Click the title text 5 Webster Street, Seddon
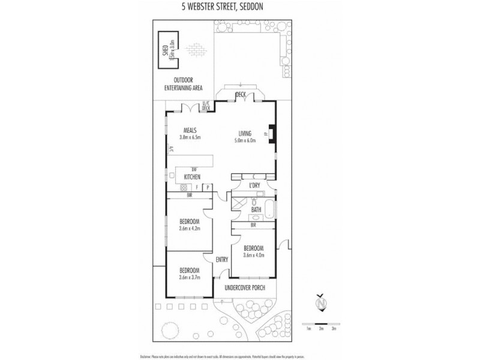[239, 7]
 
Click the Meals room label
[191, 131]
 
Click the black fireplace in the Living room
[272, 134]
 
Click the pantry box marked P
[207, 187]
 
